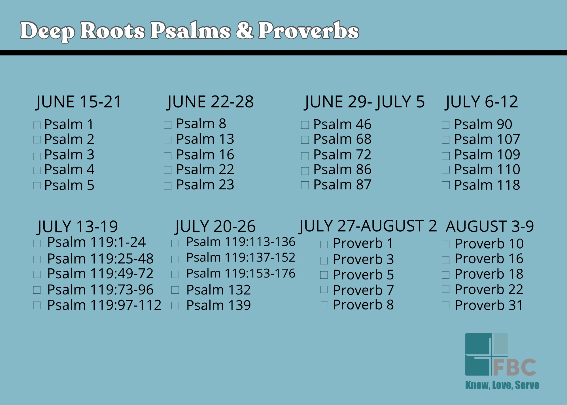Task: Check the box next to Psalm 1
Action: click(x=37, y=125)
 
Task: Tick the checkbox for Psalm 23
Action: click(x=168, y=186)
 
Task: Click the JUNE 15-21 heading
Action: click(x=79, y=102)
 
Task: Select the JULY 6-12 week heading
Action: click(x=481, y=102)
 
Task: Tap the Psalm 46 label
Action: click(x=342, y=124)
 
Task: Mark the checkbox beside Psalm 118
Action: click(x=446, y=185)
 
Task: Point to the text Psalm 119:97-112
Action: click(x=104, y=305)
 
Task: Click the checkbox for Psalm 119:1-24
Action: click(x=37, y=243)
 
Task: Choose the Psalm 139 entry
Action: click(x=218, y=305)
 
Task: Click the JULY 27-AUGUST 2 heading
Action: click(x=368, y=226)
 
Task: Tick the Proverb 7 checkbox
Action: click(x=324, y=289)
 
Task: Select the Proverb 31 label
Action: click(x=489, y=305)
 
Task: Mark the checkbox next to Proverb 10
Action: click(x=446, y=244)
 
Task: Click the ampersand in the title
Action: click(x=245, y=30)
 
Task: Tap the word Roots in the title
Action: click(x=113, y=30)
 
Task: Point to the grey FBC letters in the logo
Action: click(x=515, y=367)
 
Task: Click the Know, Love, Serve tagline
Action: click(x=502, y=385)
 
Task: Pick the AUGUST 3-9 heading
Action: click(x=490, y=226)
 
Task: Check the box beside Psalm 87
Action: click(x=305, y=185)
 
